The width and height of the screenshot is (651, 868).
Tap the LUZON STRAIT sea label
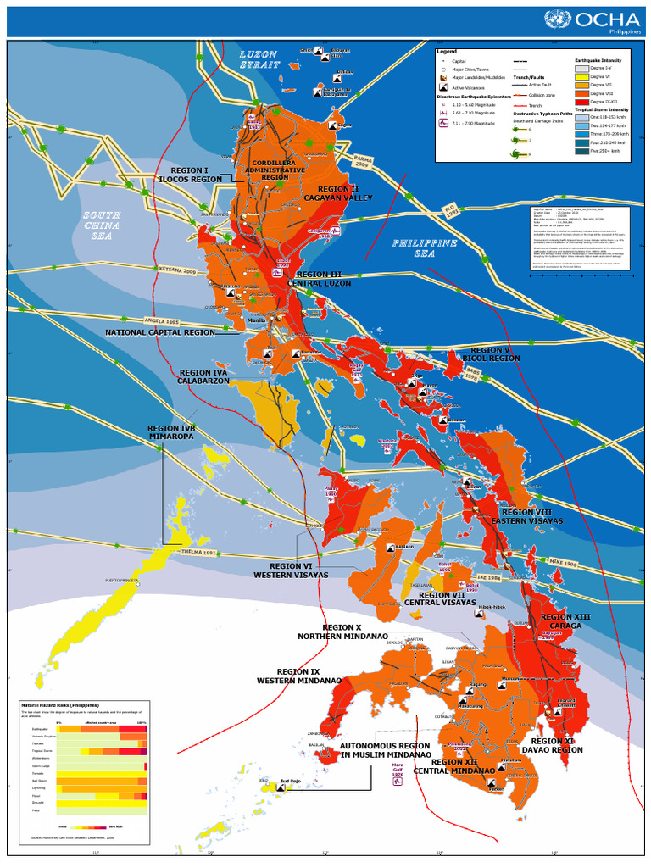point(259,59)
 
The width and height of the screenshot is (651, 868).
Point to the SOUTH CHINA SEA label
point(101,225)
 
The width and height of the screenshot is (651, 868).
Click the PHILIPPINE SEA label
point(425,248)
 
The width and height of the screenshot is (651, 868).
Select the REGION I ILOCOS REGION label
point(190,175)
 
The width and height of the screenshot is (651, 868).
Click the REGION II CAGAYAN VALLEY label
point(338,193)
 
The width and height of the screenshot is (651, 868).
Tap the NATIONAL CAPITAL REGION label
point(160,333)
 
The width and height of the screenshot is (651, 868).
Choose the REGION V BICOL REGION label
point(491,354)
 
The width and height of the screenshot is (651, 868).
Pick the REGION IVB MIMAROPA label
point(171,433)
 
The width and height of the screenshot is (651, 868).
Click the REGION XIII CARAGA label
point(565,621)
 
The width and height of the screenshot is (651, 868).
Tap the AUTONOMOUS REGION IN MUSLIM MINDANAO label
point(385,750)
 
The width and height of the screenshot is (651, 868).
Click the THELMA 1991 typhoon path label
point(198,551)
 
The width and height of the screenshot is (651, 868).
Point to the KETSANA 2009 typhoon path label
point(177,270)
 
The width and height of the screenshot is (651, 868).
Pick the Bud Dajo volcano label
point(290,781)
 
